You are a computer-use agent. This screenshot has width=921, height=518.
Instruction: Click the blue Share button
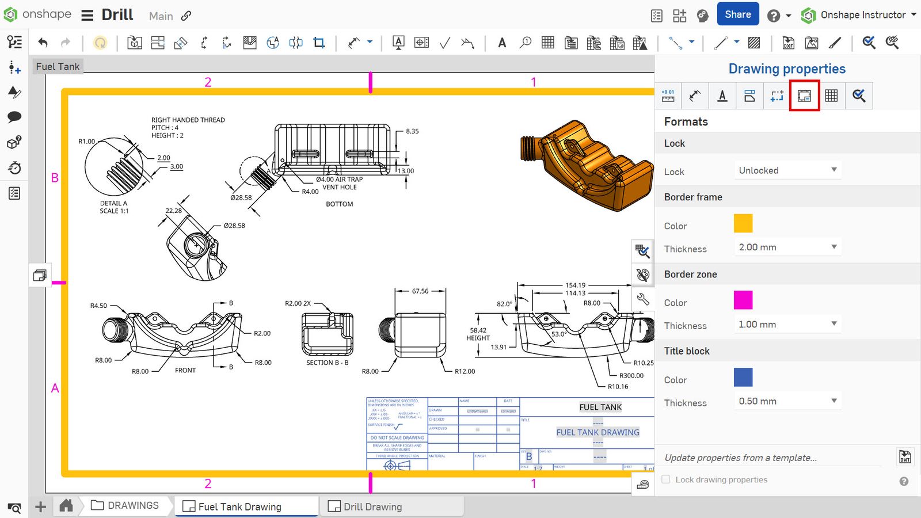tap(737, 14)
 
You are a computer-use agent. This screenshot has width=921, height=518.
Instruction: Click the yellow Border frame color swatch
tap(743, 223)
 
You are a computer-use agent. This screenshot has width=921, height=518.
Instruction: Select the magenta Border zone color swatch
tap(743, 300)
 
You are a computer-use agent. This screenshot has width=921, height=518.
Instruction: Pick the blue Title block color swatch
tap(743, 377)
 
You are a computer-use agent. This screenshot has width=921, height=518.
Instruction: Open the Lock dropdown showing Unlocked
tap(786, 170)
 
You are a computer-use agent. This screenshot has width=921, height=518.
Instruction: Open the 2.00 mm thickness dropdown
tap(786, 247)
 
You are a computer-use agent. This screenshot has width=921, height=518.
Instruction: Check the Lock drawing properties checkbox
tap(666, 479)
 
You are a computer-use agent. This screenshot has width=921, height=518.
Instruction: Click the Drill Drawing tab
tap(372, 506)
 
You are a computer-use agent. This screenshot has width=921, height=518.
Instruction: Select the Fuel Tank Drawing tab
tap(239, 506)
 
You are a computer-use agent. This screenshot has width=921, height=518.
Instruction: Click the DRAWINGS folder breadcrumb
tap(132, 505)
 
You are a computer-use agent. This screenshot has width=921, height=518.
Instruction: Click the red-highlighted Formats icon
tap(804, 96)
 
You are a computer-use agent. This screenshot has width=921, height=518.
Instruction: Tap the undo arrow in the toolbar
tap(43, 42)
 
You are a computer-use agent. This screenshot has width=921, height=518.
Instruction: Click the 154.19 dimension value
tap(575, 285)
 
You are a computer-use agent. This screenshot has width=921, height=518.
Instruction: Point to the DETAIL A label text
tap(113, 203)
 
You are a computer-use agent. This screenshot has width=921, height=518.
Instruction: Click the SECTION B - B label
tap(327, 363)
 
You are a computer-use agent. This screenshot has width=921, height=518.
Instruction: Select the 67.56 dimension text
tap(420, 291)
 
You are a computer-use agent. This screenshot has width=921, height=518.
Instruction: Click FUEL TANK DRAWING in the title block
tap(597, 432)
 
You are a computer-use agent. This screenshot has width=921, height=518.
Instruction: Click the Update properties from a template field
tap(740, 458)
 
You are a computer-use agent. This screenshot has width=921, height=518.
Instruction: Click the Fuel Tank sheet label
tap(58, 67)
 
